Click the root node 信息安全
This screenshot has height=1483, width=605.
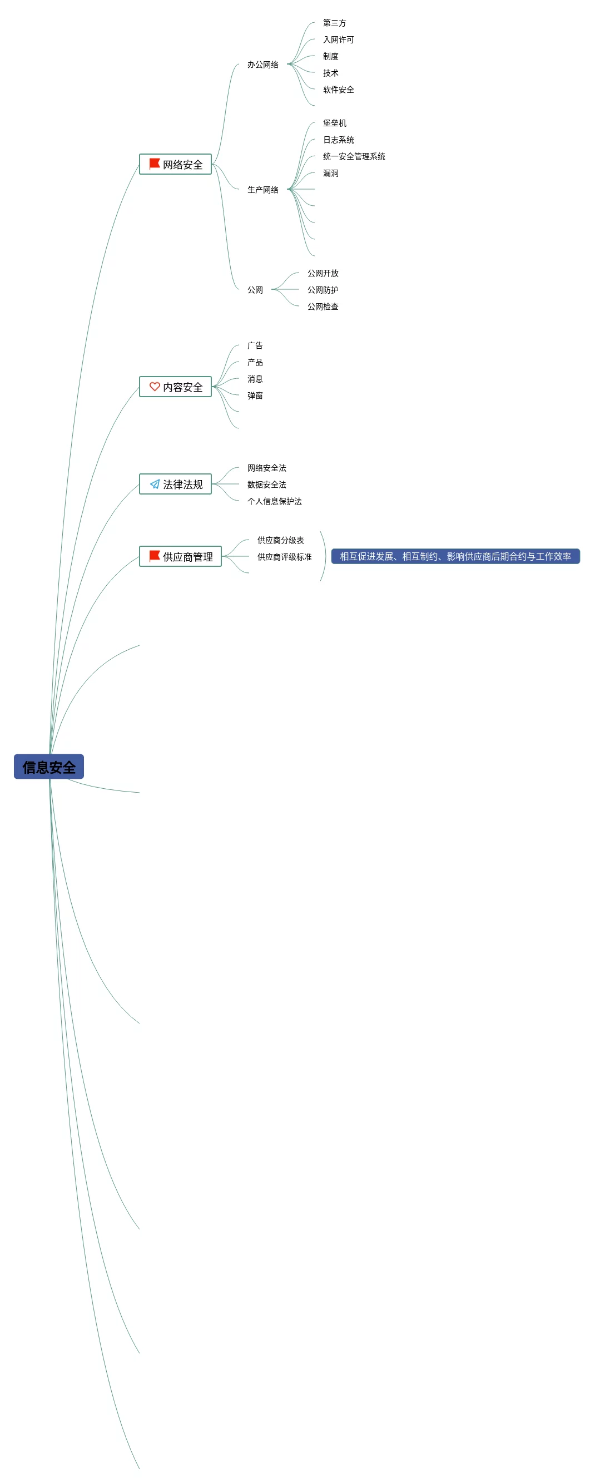point(49,767)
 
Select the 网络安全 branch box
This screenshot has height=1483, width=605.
point(176,165)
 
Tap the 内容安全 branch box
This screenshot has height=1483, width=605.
point(176,387)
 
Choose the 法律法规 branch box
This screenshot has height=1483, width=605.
point(176,484)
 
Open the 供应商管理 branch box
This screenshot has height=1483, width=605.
point(180,557)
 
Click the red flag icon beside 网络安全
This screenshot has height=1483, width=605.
point(154,164)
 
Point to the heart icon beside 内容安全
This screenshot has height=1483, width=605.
point(154,386)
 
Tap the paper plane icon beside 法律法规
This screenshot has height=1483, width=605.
point(154,484)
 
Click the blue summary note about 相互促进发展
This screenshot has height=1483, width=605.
point(455,556)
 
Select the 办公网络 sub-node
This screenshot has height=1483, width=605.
point(263,65)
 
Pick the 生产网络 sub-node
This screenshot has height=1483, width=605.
point(263,189)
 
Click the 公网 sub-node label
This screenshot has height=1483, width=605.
point(255,290)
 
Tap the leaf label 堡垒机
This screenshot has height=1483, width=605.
point(334,123)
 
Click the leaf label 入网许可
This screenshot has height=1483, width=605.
point(339,39)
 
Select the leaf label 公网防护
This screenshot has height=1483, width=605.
point(323,290)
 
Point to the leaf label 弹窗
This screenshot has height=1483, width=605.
point(255,396)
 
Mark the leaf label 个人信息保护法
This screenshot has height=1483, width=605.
point(275,501)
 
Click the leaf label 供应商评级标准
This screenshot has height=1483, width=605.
point(284,557)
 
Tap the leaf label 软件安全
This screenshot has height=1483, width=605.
point(339,90)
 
